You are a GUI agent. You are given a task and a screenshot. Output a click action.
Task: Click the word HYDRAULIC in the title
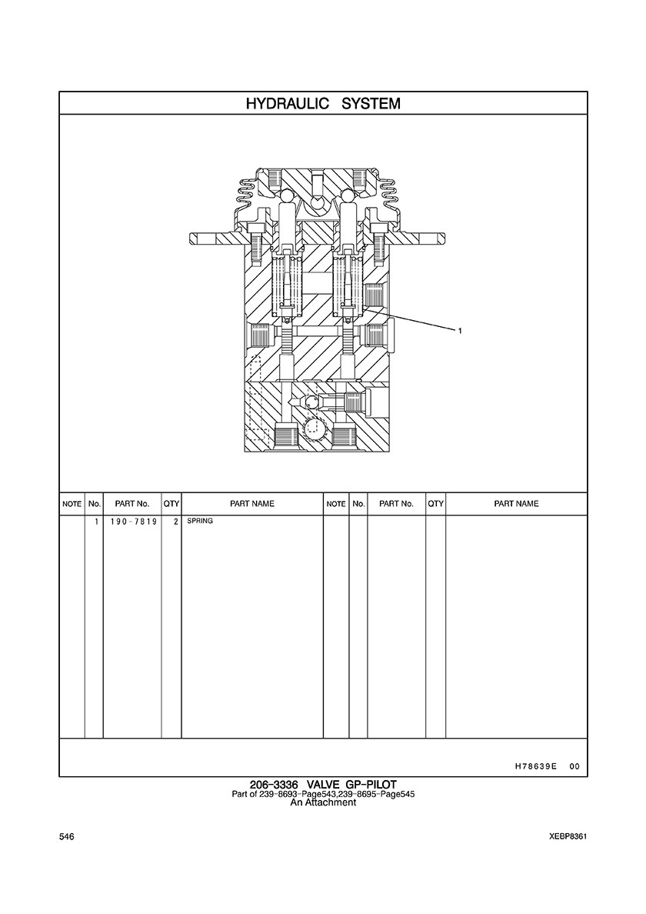285,104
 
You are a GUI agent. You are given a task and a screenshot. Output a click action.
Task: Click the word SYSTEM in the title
371,104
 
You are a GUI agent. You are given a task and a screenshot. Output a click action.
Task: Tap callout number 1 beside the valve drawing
460,331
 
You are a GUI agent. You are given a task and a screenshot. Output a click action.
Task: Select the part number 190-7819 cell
133,522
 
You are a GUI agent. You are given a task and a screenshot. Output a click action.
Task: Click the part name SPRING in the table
200,521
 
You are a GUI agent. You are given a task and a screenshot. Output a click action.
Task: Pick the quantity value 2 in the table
175,522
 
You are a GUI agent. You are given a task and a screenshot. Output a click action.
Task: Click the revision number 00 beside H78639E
575,766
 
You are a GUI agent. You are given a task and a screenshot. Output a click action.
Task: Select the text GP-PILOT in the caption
375,785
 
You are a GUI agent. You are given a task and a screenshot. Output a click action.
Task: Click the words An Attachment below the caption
323,802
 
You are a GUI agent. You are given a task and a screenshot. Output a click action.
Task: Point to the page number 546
66,837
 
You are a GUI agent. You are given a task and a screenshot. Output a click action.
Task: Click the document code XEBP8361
568,837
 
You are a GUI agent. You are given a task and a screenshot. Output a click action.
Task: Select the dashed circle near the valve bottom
315,429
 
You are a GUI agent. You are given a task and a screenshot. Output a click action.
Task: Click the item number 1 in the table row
95,522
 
